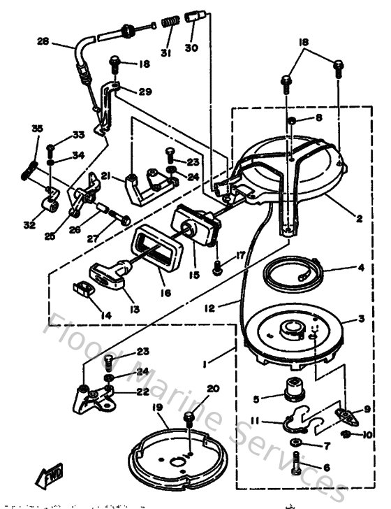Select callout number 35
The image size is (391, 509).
(x=37, y=128)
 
